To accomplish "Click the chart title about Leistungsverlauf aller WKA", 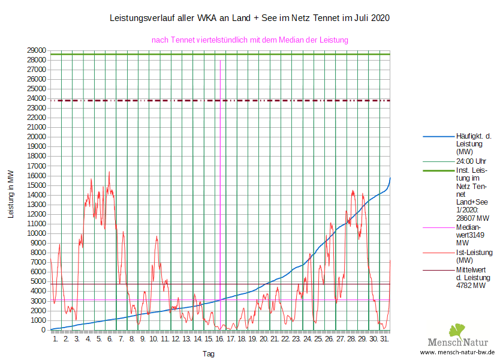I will click(x=249, y=18).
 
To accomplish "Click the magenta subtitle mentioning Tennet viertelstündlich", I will click(x=249, y=40).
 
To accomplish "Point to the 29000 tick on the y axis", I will click(x=36, y=50).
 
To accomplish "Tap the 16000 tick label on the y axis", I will click(x=36, y=175).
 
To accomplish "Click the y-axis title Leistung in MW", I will click(x=11, y=194).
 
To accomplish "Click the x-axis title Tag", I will click(x=208, y=354).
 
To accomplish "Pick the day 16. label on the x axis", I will click(x=219, y=339).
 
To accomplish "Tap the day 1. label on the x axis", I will click(x=55, y=339).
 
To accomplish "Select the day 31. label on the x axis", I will click(x=384, y=339).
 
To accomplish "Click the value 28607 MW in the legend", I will click(x=473, y=218).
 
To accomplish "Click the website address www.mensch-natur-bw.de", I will click(x=457, y=353).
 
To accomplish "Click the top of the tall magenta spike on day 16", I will click(x=220, y=61).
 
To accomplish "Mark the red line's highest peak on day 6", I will click(x=109, y=172).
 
